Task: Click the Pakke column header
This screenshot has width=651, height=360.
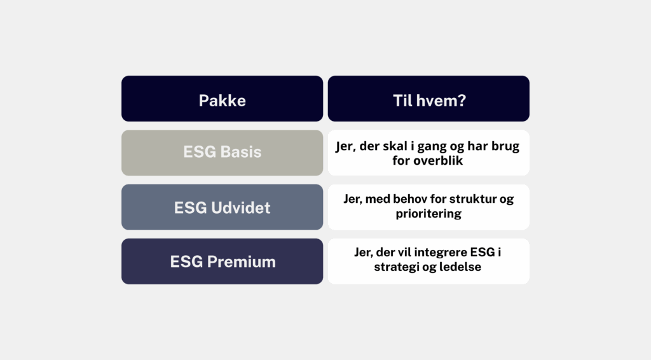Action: pyautogui.click(x=222, y=99)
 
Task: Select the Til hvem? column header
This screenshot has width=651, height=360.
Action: pyautogui.click(x=428, y=99)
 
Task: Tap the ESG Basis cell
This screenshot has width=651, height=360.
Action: pyautogui.click(x=222, y=153)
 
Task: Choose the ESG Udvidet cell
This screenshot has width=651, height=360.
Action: pyautogui.click(x=222, y=207)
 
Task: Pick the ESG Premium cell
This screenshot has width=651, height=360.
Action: pyautogui.click(x=222, y=261)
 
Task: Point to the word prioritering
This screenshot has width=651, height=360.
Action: pyautogui.click(x=428, y=214)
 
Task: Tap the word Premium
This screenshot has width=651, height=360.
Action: pyautogui.click(x=241, y=262)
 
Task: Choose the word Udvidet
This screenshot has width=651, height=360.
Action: pyautogui.click(x=240, y=207)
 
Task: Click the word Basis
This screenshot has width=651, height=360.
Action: pyautogui.click(x=241, y=152)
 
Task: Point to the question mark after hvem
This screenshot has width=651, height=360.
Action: pyautogui.click(x=462, y=100)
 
